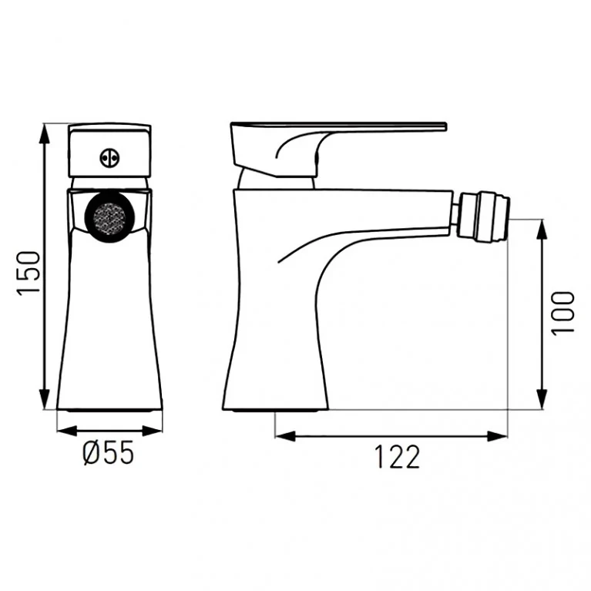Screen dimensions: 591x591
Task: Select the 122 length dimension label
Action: point(398,457)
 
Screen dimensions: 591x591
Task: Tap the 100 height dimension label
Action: point(563,312)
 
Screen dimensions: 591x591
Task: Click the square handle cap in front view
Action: point(109,151)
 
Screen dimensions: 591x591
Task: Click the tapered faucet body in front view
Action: point(109,324)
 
